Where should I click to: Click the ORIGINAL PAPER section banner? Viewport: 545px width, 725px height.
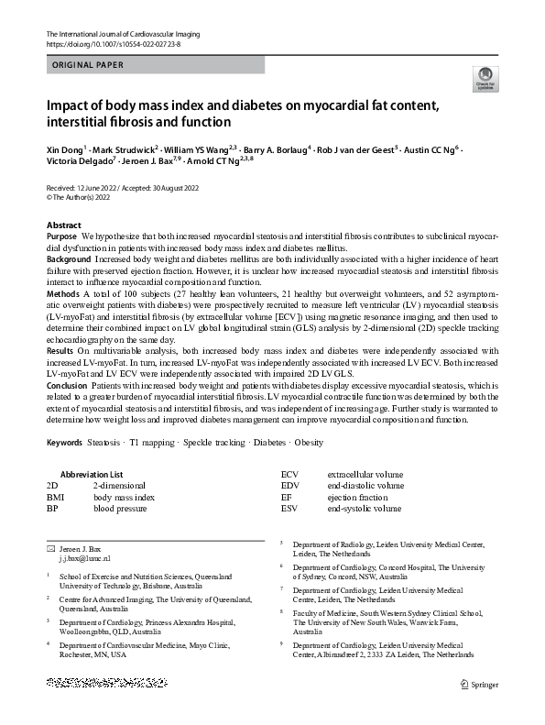click(83, 65)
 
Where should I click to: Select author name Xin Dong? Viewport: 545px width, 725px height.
click(63, 147)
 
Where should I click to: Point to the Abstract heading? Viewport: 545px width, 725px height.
click(63, 225)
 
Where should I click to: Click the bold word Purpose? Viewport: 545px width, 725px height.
click(61, 236)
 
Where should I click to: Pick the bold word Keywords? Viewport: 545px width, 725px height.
click(63, 443)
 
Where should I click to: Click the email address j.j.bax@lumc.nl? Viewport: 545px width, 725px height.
click(84, 557)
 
